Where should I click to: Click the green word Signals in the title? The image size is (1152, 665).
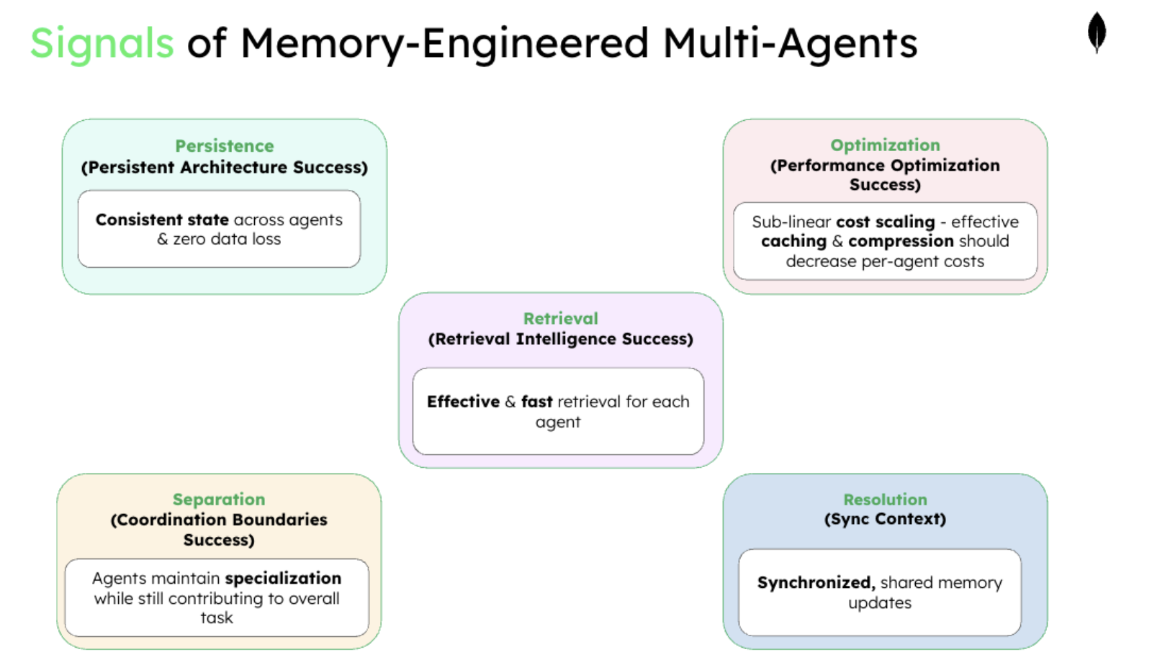pyautogui.click(x=102, y=43)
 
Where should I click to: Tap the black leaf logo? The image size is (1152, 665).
pyautogui.click(x=1097, y=32)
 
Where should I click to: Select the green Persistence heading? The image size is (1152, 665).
pyautogui.click(x=224, y=146)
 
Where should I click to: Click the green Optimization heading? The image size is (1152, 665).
pyautogui.click(x=885, y=145)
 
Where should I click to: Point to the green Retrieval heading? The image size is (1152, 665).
pyautogui.click(x=560, y=319)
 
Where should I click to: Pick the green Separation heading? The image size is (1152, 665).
pyautogui.click(x=219, y=499)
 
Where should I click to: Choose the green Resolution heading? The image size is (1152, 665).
pyautogui.click(x=885, y=499)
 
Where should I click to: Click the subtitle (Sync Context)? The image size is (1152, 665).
pyautogui.click(x=885, y=519)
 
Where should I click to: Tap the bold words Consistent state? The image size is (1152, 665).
pyautogui.click(x=162, y=220)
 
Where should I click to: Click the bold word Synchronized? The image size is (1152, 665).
pyautogui.click(x=815, y=583)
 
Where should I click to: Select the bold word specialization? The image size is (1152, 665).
pyautogui.click(x=283, y=579)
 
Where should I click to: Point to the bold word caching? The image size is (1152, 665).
pyautogui.click(x=793, y=242)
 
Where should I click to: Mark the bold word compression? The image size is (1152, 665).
pyautogui.click(x=900, y=242)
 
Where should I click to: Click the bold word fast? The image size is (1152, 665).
pyautogui.click(x=536, y=402)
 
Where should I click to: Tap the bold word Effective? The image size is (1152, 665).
pyautogui.click(x=463, y=402)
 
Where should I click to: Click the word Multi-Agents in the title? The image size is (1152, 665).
pyautogui.click(x=790, y=43)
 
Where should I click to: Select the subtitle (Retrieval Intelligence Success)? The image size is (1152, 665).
pyautogui.click(x=560, y=339)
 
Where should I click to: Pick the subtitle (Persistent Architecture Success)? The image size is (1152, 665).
pyautogui.click(x=224, y=168)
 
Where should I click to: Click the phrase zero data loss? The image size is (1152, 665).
pyautogui.click(x=227, y=240)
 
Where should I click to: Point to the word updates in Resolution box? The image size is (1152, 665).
pyautogui.click(x=879, y=603)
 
